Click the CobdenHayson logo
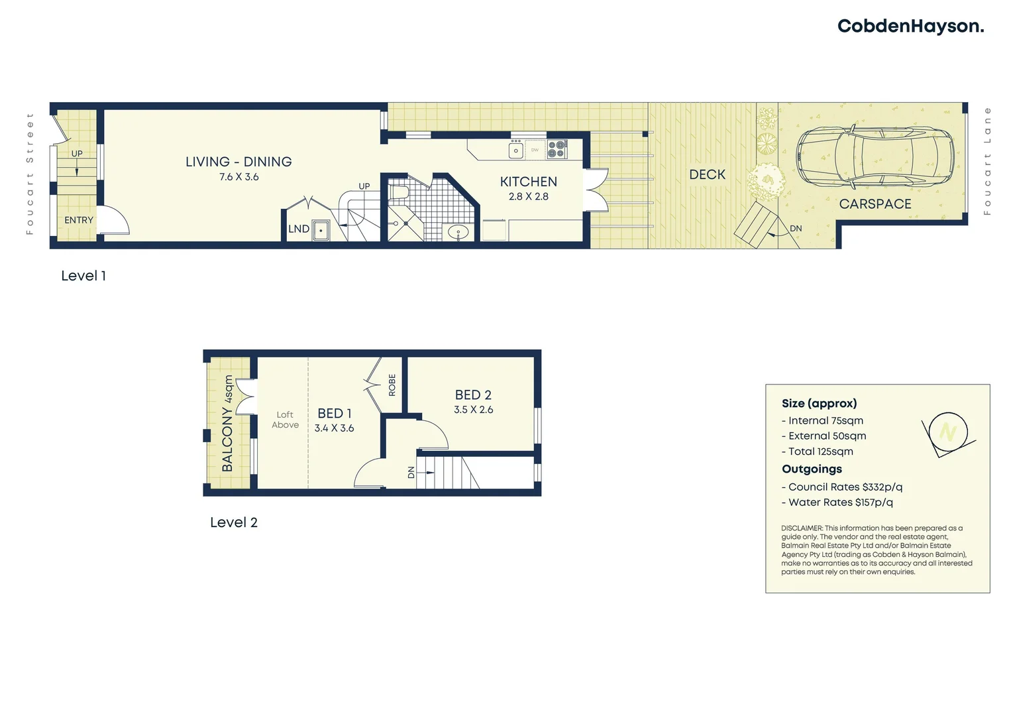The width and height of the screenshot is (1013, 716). point(910,27)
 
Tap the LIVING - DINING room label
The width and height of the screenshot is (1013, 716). point(239,162)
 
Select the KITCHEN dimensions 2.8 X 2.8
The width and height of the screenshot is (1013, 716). point(529,197)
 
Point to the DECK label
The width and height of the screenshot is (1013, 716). point(707,174)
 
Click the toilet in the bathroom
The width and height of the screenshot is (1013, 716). point(399,192)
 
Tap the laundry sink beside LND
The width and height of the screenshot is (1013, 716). point(321,230)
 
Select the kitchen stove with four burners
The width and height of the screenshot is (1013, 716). point(557,149)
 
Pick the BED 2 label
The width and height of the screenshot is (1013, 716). point(473,395)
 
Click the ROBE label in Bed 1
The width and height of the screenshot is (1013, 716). point(392,385)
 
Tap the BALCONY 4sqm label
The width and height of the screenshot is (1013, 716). point(227,424)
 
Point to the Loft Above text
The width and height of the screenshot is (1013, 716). point(285,420)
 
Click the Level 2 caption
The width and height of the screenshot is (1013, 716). point(233,522)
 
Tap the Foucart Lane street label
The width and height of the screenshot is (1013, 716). point(987,161)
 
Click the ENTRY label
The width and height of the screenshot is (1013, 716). point(79,220)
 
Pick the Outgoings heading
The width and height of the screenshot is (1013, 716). point(812,469)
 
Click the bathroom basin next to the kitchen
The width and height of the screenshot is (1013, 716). point(458,232)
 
